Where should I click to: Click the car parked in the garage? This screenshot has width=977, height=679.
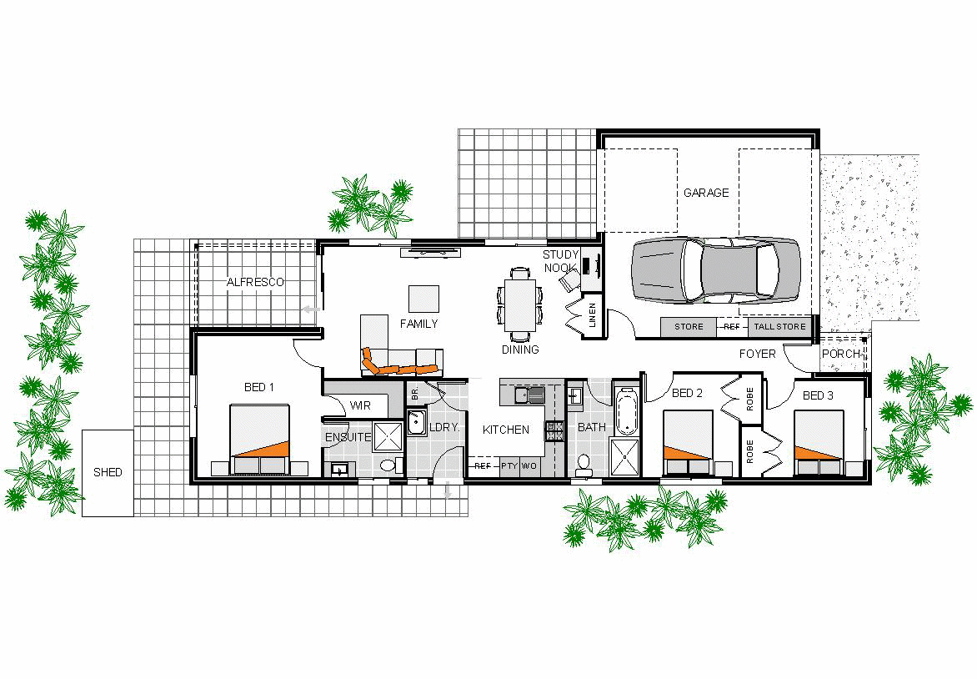[715, 270]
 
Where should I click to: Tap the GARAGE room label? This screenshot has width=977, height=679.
[706, 193]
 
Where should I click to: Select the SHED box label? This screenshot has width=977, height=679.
[108, 472]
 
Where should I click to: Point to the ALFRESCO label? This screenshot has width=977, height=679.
[255, 282]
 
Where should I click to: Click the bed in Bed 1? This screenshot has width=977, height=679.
[259, 440]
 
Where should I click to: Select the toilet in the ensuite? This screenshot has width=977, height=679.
[387, 466]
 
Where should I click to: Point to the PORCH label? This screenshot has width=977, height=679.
[841, 354]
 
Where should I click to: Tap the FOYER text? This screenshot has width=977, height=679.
[757, 354]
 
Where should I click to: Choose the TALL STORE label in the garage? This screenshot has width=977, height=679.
[780, 327]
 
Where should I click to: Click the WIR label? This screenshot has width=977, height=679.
[360, 405]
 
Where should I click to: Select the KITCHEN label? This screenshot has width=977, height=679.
[506, 430]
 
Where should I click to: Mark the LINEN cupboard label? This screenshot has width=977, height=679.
[593, 317]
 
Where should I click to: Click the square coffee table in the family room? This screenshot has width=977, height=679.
[423, 299]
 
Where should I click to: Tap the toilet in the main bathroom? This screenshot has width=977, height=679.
[584, 463]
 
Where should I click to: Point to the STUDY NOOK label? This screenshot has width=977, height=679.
[560, 261]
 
